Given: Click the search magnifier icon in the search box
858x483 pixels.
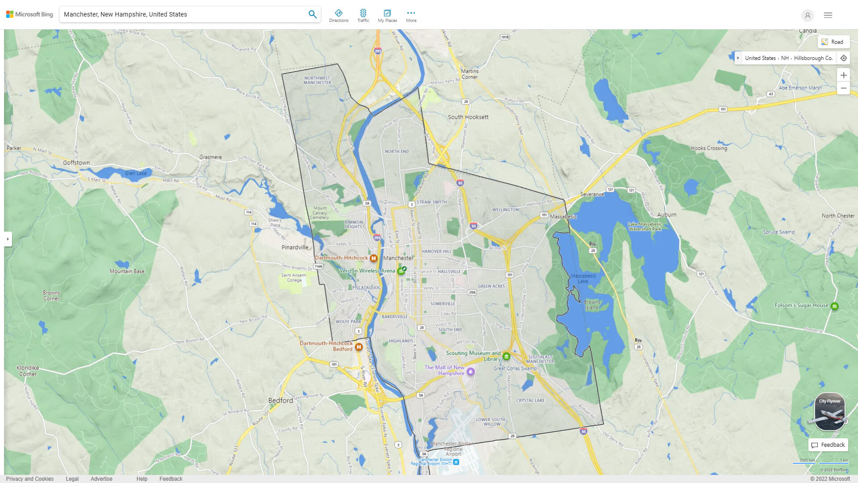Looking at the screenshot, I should point(312,14).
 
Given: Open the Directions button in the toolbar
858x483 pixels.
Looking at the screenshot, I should point(338,16).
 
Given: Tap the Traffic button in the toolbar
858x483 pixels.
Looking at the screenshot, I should point(363,16).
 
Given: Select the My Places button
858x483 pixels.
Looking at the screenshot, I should point(387,16).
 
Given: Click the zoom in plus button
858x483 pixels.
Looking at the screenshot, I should point(843,75).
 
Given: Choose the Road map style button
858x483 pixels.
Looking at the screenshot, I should point(833,42).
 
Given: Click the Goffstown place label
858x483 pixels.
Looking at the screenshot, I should point(76,163).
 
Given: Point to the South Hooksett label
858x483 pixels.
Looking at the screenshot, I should point(468,117).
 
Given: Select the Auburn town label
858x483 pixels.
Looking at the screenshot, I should point(667,215).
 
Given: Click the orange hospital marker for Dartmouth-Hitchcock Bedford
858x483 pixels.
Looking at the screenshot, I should point(358,347).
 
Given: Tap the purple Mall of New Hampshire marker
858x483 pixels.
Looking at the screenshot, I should point(470,372).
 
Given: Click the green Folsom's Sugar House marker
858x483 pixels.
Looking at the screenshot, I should point(834,306).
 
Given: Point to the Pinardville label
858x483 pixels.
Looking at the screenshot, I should point(295,247).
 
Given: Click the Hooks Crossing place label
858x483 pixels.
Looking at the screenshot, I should point(709,148).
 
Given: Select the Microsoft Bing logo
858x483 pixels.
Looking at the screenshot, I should point(29,14).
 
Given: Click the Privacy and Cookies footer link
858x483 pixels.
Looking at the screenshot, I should point(30,479).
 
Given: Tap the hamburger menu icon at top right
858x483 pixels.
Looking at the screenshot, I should point(828,15).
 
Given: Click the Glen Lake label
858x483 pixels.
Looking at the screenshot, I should point(136,173).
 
